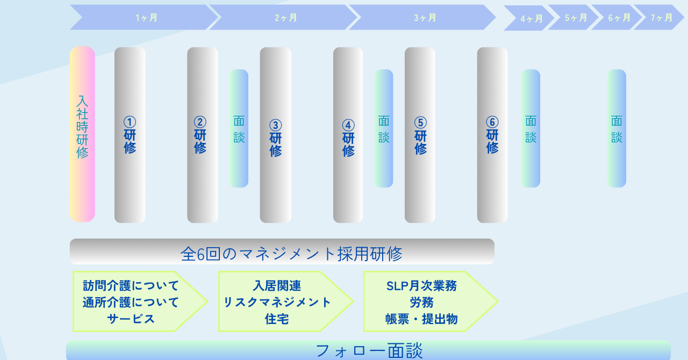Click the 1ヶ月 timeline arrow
pyautogui.click(x=145, y=18)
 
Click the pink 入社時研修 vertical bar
pyautogui.click(x=82, y=134)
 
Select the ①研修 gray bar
pyautogui.click(x=130, y=135)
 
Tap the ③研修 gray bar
pyautogui.click(x=276, y=135)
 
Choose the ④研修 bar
pyautogui.click(x=348, y=135)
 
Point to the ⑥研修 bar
pyautogui.click(x=492, y=135)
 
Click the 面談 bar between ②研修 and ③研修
pyautogui.click(x=239, y=128)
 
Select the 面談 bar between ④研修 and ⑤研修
pyautogui.click(x=384, y=128)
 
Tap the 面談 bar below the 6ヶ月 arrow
pyautogui.click(x=617, y=128)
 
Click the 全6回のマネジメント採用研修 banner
pyautogui.click(x=282, y=252)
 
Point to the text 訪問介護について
pyautogui.click(x=131, y=285)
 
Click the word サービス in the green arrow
pyautogui.click(x=131, y=319)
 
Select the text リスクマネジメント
pyautogui.click(x=277, y=302)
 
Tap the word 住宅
pyautogui.click(x=277, y=319)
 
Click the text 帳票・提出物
pyautogui.click(x=421, y=319)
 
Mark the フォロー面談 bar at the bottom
pyautogui.click(x=368, y=350)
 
